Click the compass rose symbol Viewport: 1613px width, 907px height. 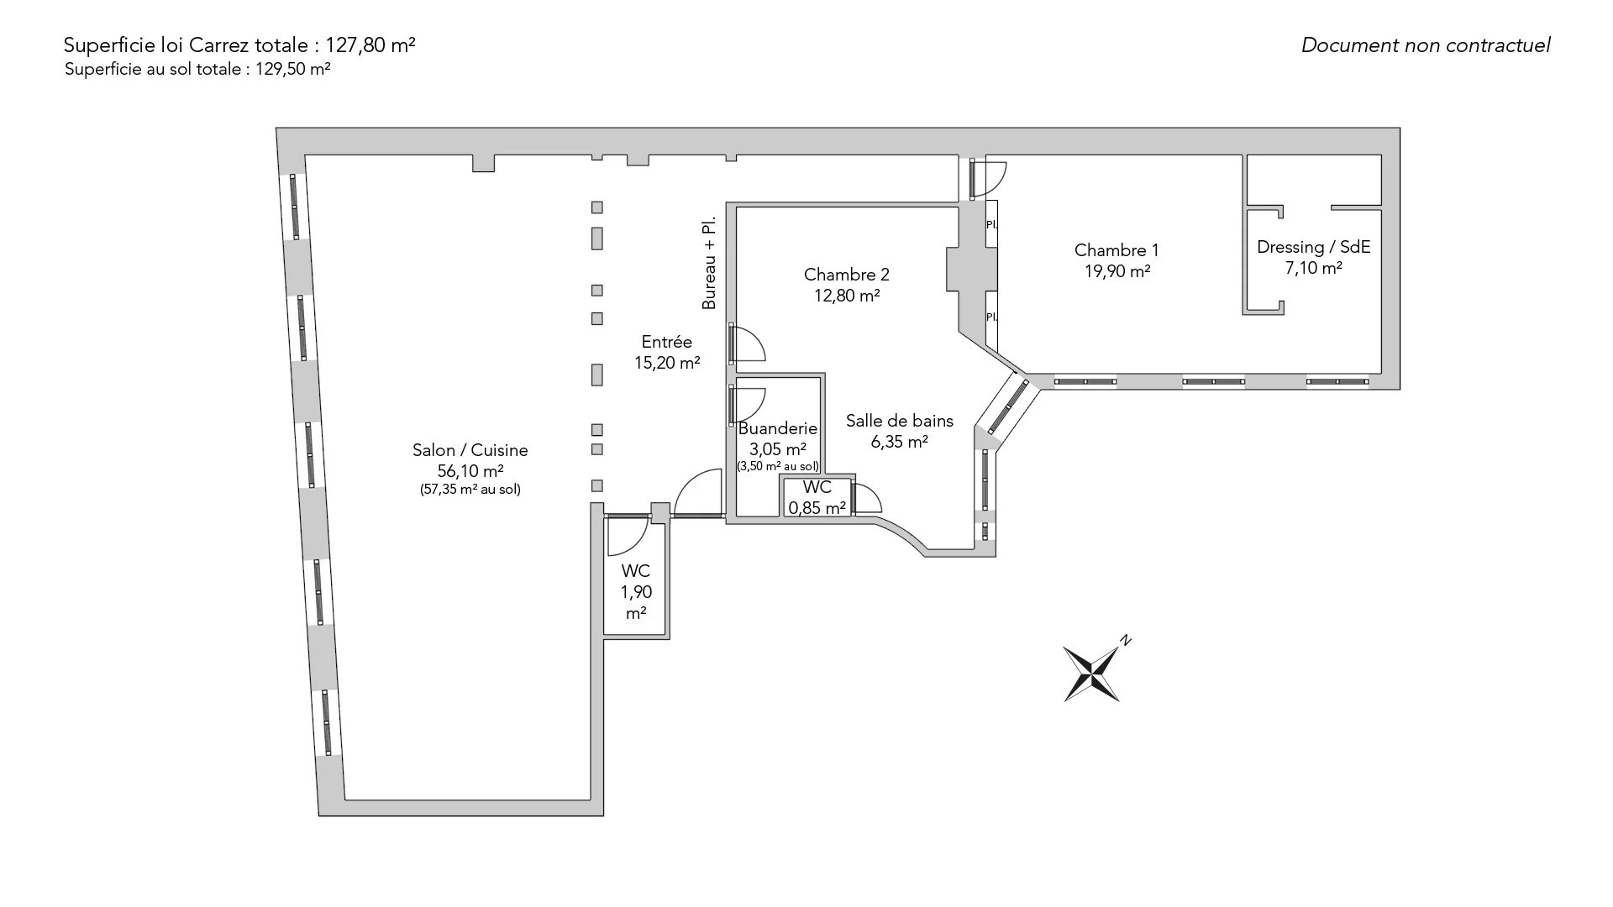point(1091,673)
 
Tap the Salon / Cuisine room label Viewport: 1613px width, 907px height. point(470,450)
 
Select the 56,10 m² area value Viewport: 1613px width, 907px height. point(470,471)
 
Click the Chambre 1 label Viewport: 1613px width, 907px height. point(1116,249)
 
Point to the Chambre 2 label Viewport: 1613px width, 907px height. point(846,275)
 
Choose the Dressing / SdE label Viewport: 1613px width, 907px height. point(1313,247)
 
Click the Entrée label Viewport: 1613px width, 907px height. point(666,342)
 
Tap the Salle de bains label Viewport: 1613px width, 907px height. point(899,421)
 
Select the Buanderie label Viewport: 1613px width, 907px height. point(777,429)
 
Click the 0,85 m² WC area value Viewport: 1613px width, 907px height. point(817,508)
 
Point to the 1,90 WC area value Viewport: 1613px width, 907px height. point(636,592)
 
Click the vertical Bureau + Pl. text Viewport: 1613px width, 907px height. point(710,265)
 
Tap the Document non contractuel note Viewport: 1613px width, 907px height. point(1425,45)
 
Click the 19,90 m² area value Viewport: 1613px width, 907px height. point(1116,270)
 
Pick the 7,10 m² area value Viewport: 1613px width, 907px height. point(1313,268)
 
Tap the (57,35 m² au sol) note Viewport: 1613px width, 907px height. point(470,490)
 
